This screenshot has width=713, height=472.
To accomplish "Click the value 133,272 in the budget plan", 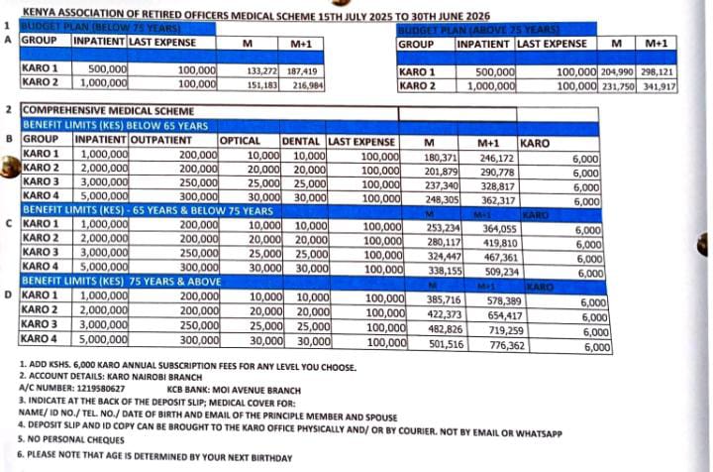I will coord(261,71).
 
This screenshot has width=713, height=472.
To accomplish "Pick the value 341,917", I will coord(660,86).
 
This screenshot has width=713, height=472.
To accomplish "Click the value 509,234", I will coord(501,271).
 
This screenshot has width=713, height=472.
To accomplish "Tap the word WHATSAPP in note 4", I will coord(537,433).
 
